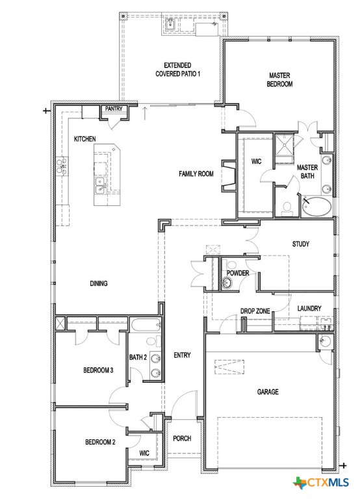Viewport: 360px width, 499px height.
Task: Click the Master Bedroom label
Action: [281, 80]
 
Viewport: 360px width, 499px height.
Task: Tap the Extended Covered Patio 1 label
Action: [177, 70]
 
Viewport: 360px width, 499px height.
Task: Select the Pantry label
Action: [114, 109]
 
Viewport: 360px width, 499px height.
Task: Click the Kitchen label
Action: [85, 139]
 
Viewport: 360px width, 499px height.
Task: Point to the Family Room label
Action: [196, 174]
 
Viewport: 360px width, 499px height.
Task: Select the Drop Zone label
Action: [255, 311]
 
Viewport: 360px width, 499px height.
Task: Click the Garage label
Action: [267, 392]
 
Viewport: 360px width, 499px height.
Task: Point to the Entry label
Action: [182, 355]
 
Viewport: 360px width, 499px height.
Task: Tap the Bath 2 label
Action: [138, 357]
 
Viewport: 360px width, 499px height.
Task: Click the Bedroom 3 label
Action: [98, 370]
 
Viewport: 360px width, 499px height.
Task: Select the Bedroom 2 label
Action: [100, 442]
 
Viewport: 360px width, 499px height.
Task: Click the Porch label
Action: [182, 439]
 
